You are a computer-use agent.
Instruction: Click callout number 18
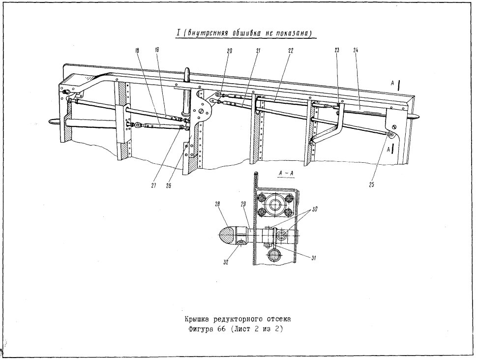click(137, 51)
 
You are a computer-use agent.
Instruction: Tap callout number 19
click(157, 50)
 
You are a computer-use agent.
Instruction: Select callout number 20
click(229, 51)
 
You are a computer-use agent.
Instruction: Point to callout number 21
click(258, 51)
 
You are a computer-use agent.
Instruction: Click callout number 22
click(290, 51)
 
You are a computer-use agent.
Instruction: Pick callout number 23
click(337, 50)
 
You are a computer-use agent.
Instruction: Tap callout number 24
click(356, 50)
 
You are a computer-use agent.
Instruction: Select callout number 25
click(371, 184)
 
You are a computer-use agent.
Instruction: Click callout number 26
click(168, 185)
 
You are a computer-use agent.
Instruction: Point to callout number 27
click(154, 185)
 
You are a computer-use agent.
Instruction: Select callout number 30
click(314, 210)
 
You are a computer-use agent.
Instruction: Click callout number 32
click(226, 262)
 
